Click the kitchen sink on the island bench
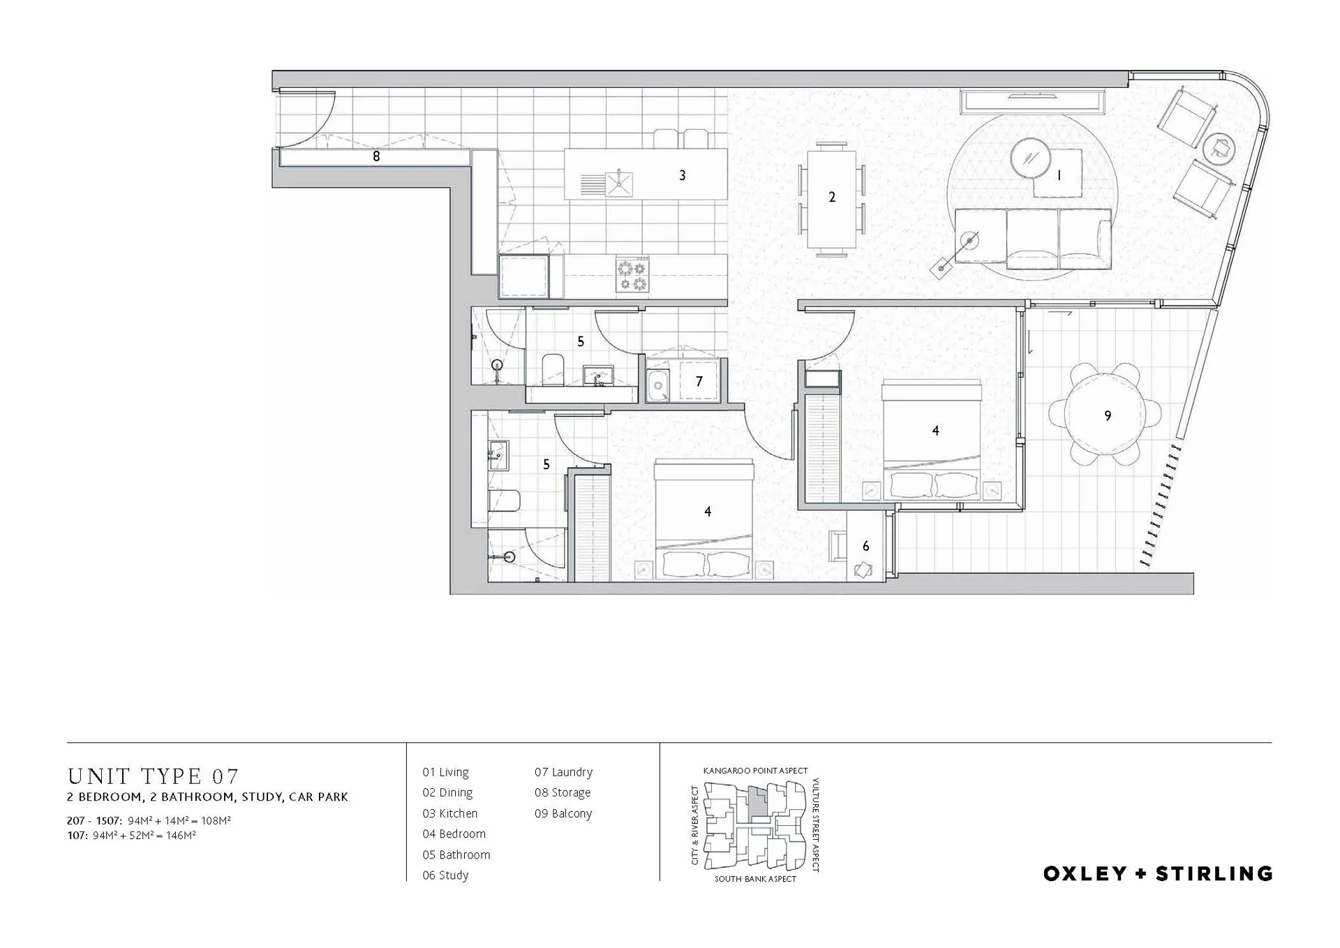pyautogui.click(x=618, y=183)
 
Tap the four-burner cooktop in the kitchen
pyautogui.click(x=632, y=274)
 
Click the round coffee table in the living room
pyautogui.click(x=1030, y=159)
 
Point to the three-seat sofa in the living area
pyautogui.click(x=1034, y=239)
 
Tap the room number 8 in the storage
pyautogui.click(x=376, y=156)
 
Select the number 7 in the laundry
pyautogui.click(x=699, y=381)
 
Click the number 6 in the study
pyautogui.click(x=865, y=546)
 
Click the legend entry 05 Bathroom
pyautogui.click(x=456, y=854)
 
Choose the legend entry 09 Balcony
pyautogui.click(x=563, y=813)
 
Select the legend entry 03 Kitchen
pyautogui.click(x=450, y=813)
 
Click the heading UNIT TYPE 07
pyautogui.click(x=154, y=776)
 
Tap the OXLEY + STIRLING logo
pyautogui.click(x=1158, y=873)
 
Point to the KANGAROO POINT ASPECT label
pyautogui.click(x=755, y=771)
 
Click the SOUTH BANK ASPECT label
pyautogui.click(x=755, y=879)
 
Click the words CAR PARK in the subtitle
pyautogui.click(x=318, y=797)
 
